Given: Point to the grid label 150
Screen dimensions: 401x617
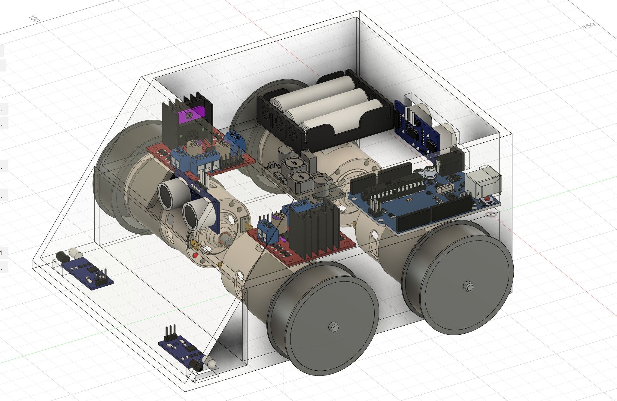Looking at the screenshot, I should (x=589, y=26).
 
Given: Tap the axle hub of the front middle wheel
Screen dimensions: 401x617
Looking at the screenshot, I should (x=333, y=327).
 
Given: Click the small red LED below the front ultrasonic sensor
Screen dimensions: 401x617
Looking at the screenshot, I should (x=196, y=256).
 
